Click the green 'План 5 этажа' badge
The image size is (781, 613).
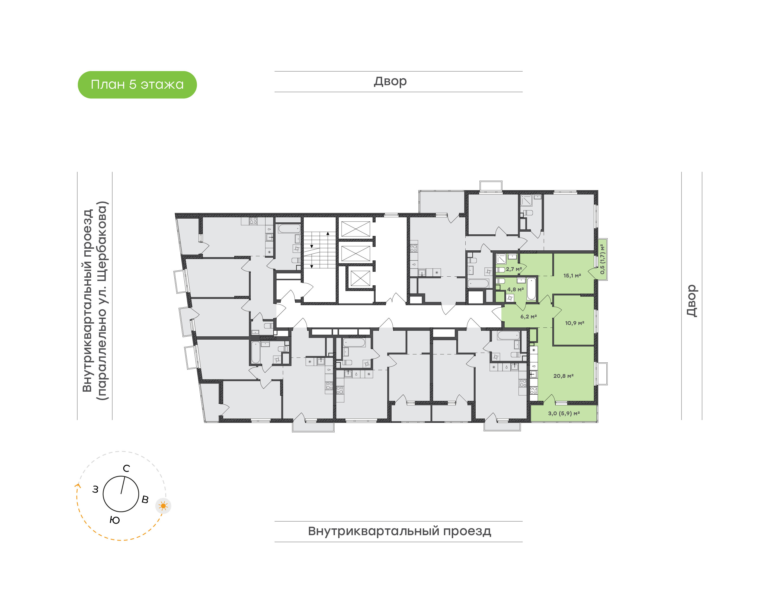137,85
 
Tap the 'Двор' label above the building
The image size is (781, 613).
390,81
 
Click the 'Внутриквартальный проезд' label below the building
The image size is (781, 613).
399,531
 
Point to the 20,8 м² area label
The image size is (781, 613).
563,376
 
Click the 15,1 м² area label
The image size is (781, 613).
572,276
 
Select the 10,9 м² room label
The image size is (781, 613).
575,323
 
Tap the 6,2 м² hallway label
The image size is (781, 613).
529,317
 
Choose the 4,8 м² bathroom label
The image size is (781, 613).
516,289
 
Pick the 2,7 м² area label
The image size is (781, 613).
514,269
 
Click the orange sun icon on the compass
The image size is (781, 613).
163,506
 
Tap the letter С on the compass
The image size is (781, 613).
126,468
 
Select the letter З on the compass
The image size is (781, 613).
95,489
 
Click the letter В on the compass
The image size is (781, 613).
145,499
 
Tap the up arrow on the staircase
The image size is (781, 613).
328,233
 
